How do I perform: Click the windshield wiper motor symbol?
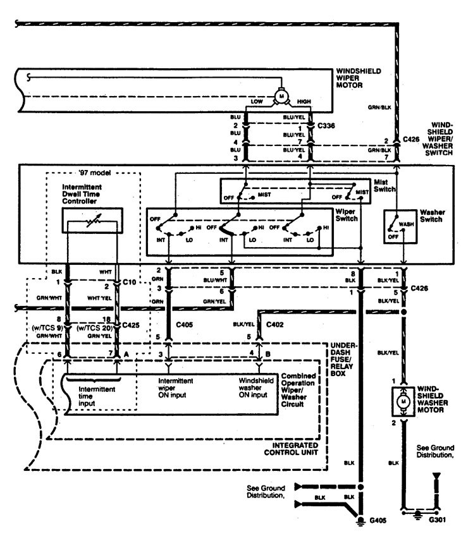pyautogui.click(x=279, y=96)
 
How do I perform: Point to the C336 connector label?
pyautogui.click(x=326, y=126)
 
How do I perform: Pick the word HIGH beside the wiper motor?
pyautogui.click(x=303, y=102)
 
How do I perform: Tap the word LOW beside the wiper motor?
pyautogui.click(x=257, y=102)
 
